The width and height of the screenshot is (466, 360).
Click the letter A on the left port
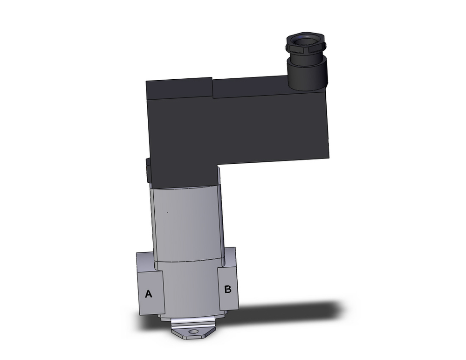(149, 294)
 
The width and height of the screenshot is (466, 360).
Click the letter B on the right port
(227, 290)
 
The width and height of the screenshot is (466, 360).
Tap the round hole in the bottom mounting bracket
(192, 332)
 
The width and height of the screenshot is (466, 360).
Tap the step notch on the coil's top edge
(212, 89)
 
